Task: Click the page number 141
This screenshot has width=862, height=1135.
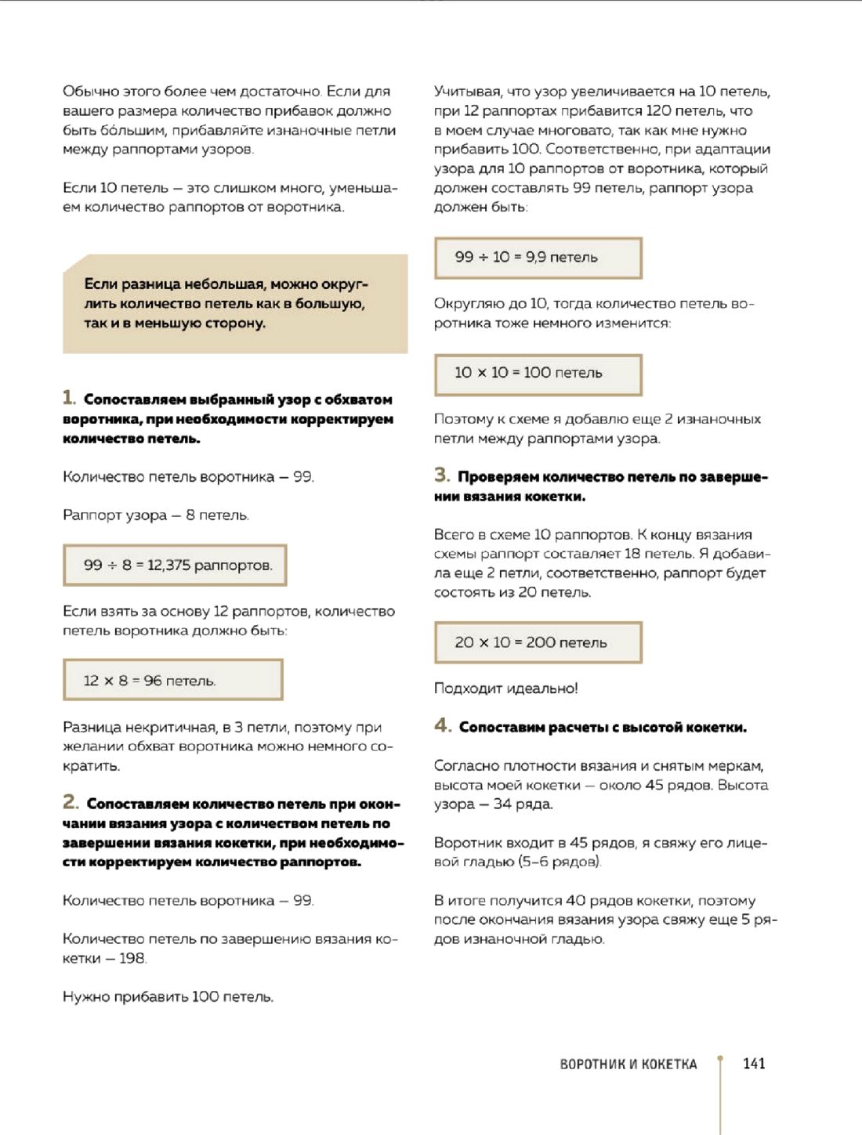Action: tap(754, 1063)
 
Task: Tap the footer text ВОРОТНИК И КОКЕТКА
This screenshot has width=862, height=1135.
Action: tap(628, 1064)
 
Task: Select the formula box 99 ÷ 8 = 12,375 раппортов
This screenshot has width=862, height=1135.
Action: tap(175, 565)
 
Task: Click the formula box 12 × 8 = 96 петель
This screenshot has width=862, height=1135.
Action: tap(172, 680)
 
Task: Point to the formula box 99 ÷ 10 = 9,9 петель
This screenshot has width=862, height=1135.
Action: tap(538, 258)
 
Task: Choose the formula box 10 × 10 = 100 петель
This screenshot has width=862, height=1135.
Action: tap(538, 374)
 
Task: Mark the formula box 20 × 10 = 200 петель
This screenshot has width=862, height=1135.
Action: tap(538, 642)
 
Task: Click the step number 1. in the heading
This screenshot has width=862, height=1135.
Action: tap(70, 398)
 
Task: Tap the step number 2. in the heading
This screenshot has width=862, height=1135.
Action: tap(71, 802)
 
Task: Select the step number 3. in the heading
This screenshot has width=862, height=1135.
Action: tap(442, 475)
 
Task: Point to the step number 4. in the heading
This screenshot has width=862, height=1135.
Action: tap(443, 725)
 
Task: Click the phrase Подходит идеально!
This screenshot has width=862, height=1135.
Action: tap(505, 689)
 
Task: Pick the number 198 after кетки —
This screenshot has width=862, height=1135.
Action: tap(132, 958)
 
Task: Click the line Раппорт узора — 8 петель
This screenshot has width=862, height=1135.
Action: tap(155, 515)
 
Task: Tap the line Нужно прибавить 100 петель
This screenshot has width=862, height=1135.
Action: tap(168, 997)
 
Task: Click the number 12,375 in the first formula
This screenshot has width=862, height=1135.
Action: tap(168, 565)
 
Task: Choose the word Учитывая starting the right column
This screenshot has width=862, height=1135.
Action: tap(468, 92)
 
